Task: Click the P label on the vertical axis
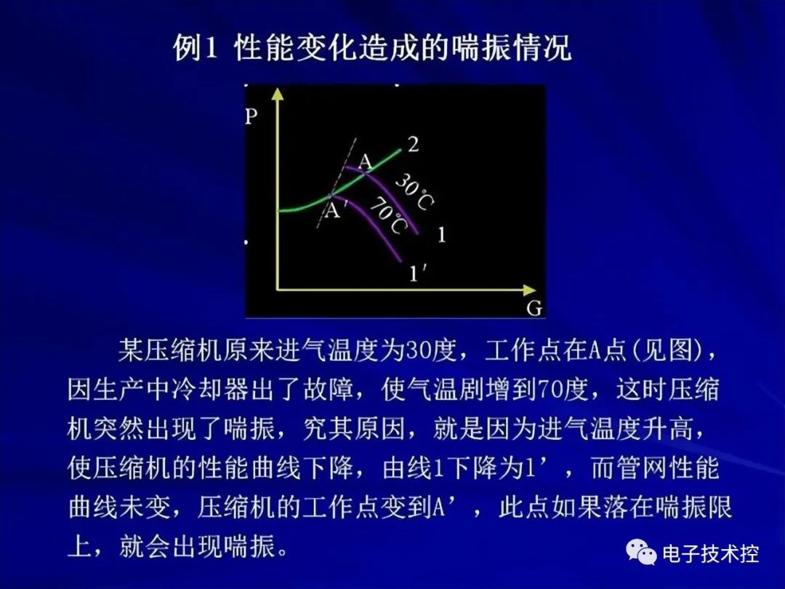(252, 116)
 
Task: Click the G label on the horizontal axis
(534, 308)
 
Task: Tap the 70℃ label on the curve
(388, 216)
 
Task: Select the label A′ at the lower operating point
(335, 211)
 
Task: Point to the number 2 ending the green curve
(413, 144)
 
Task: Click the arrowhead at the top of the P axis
(277, 94)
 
